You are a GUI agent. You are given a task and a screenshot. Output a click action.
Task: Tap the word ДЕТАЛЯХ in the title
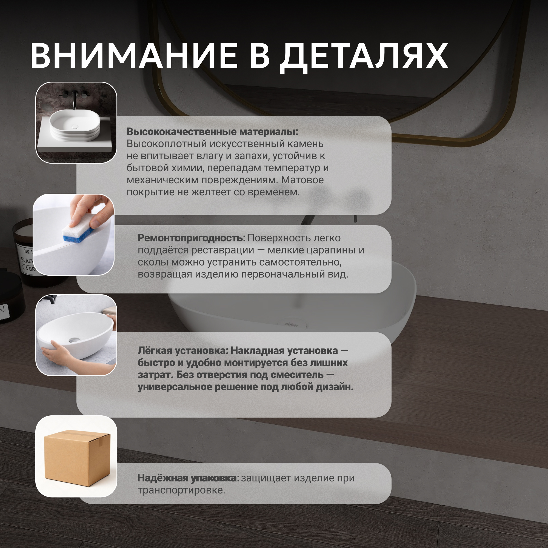tap(364, 58)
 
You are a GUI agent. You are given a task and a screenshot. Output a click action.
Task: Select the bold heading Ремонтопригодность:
tap(192, 238)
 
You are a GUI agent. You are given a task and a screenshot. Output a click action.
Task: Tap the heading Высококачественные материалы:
tap(212, 132)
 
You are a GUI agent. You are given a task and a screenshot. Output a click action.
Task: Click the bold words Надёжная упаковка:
tap(188, 478)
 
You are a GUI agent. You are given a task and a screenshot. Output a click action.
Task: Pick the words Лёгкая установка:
tap(183, 351)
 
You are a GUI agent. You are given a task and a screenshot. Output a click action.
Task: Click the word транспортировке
tap(181, 490)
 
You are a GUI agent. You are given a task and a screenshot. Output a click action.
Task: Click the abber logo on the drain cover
tap(292, 324)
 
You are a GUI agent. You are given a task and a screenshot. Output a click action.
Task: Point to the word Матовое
tap(302, 180)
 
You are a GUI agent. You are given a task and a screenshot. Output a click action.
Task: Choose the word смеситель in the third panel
tap(297, 375)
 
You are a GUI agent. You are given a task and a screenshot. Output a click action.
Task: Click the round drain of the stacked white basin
tap(75, 127)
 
